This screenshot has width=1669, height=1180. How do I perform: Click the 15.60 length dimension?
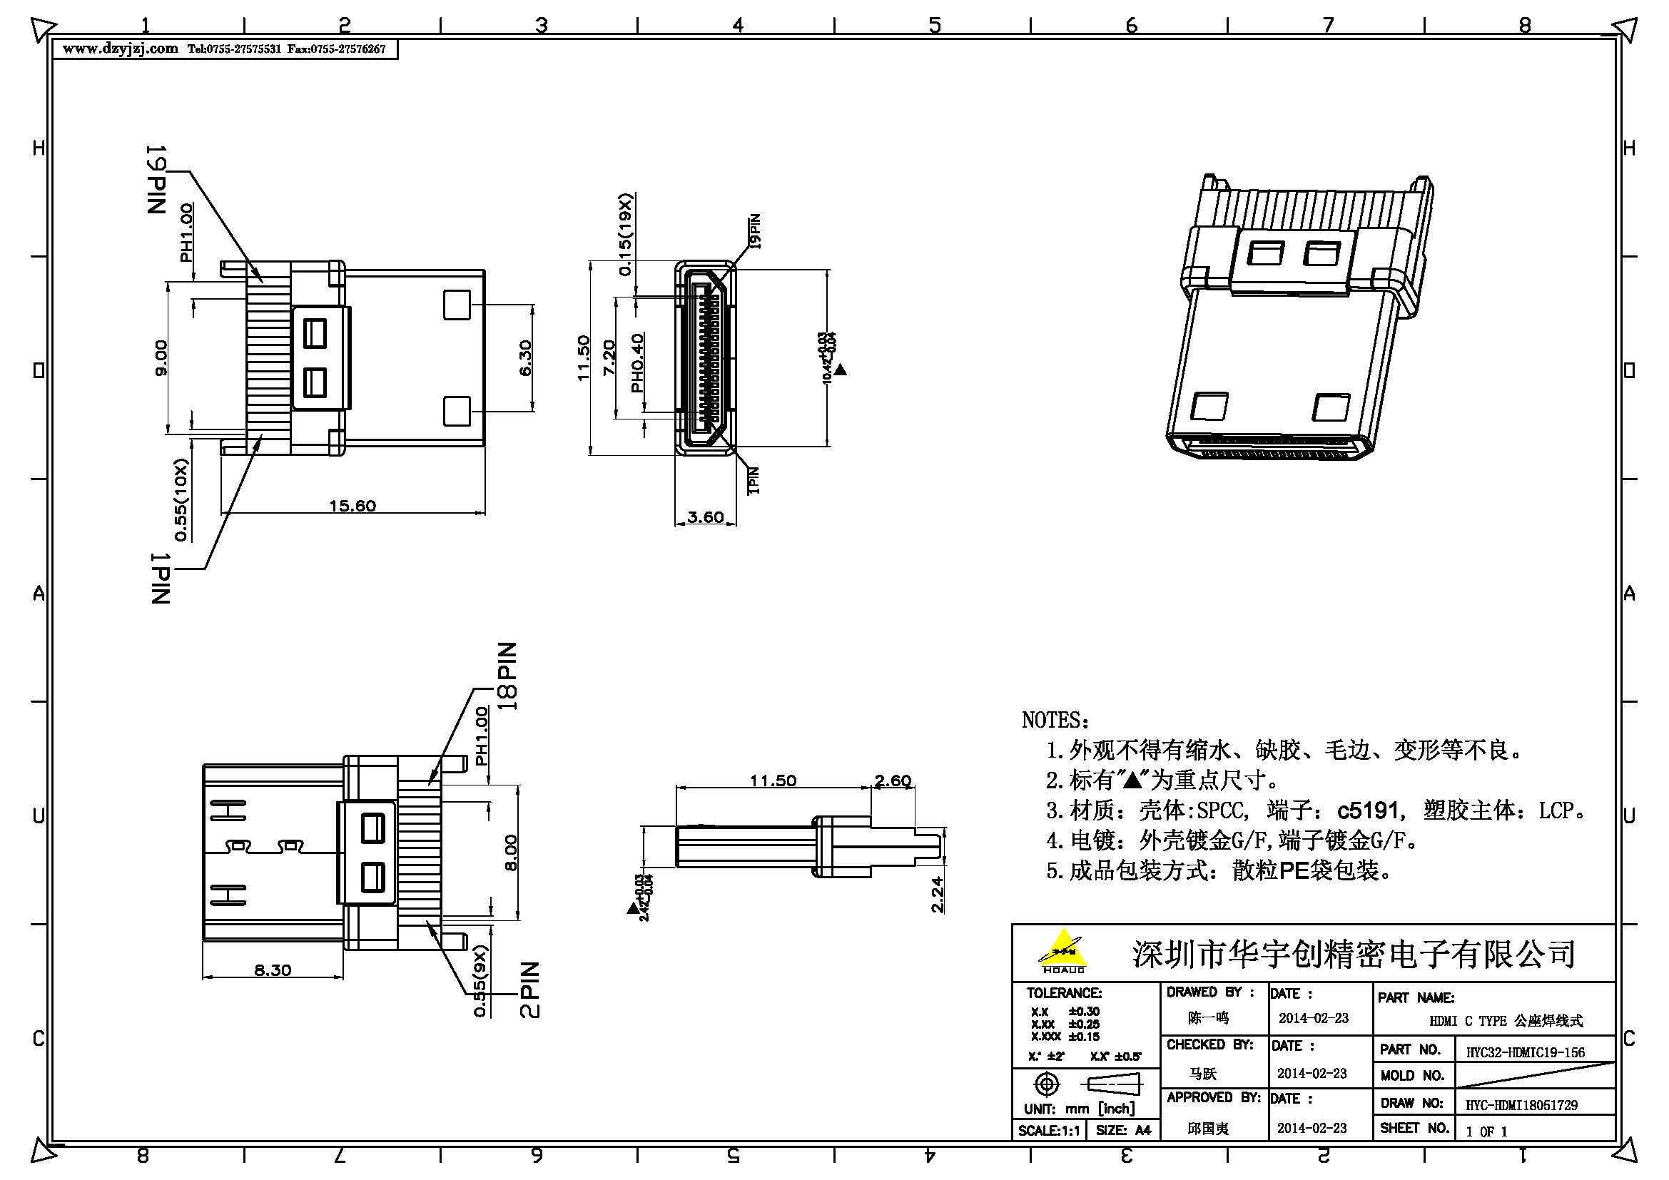click(x=352, y=506)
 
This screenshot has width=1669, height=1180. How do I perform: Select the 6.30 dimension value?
click(x=526, y=358)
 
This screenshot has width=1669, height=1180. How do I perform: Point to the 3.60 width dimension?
click(x=705, y=517)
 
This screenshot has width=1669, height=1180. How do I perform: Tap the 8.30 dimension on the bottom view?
click(x=273, y=970)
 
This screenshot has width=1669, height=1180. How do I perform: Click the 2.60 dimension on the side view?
click(x=893, y=781)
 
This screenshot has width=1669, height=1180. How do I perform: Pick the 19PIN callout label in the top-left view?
click(x=157, y=180)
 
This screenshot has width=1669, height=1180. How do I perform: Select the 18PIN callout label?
click(x=507, y=676)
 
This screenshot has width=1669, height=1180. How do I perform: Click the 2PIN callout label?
click(x=531, y=990)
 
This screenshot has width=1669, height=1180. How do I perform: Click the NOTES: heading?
click(x=1055, y=720)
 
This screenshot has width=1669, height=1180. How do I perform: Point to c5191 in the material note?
click(x=1367, y=810)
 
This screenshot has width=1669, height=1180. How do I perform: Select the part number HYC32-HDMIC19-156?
click(x=1525, y=1052)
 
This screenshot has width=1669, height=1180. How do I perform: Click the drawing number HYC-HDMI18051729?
click(x=1521, y=1105)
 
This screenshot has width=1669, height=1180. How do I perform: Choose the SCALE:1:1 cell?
click(x=1049, y=1131)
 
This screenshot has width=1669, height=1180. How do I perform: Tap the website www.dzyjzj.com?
click(x=121, y=49)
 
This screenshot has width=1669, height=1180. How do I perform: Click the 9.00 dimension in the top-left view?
click(x=161, y=357)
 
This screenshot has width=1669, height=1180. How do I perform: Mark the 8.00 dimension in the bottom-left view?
click(x=510, y=853)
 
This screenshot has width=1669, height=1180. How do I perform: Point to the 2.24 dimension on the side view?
click(x=937, y=895)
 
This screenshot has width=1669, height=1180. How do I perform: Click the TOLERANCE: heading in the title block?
click(x=1063, y=993)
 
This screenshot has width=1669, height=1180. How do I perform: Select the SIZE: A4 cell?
click(x=1123, y=1131)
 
